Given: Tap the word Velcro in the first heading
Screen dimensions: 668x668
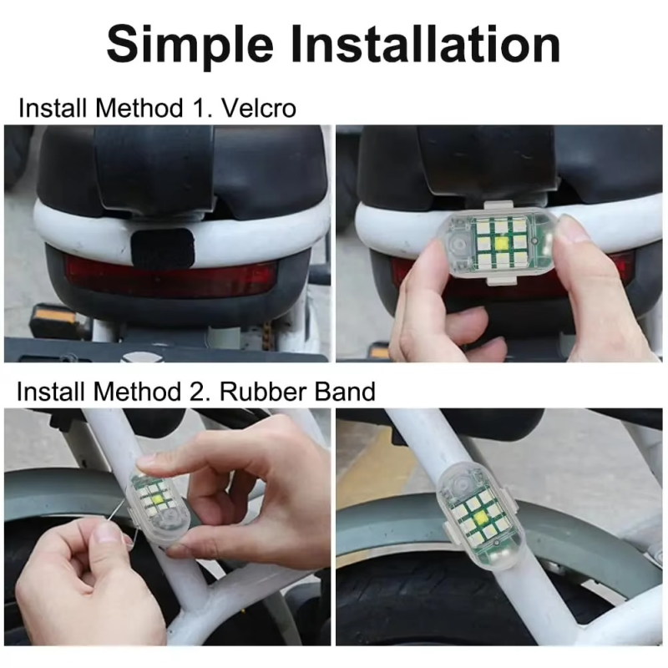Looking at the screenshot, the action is click(259, 109).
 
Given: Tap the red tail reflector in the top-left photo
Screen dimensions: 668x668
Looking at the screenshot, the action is click(170, 275).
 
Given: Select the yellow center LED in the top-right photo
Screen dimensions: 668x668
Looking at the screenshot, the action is click(499, 244).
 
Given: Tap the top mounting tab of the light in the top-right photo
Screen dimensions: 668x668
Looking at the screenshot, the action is click(498, 205).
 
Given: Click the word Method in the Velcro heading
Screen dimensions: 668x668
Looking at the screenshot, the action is click(139, 109).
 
